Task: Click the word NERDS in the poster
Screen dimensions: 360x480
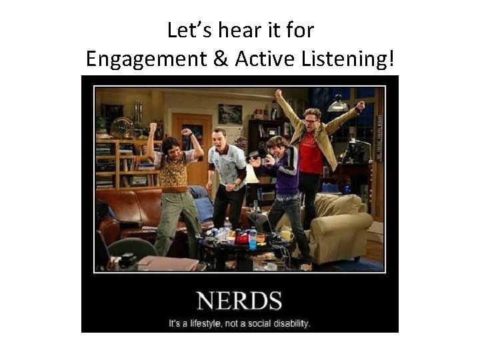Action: [239, 302]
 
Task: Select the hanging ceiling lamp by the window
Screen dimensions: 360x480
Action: [338, 104]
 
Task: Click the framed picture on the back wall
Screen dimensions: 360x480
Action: [230, 113]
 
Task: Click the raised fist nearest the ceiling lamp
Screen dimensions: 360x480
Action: [361, 105]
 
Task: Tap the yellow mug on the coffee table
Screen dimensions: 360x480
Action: [286, 235]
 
